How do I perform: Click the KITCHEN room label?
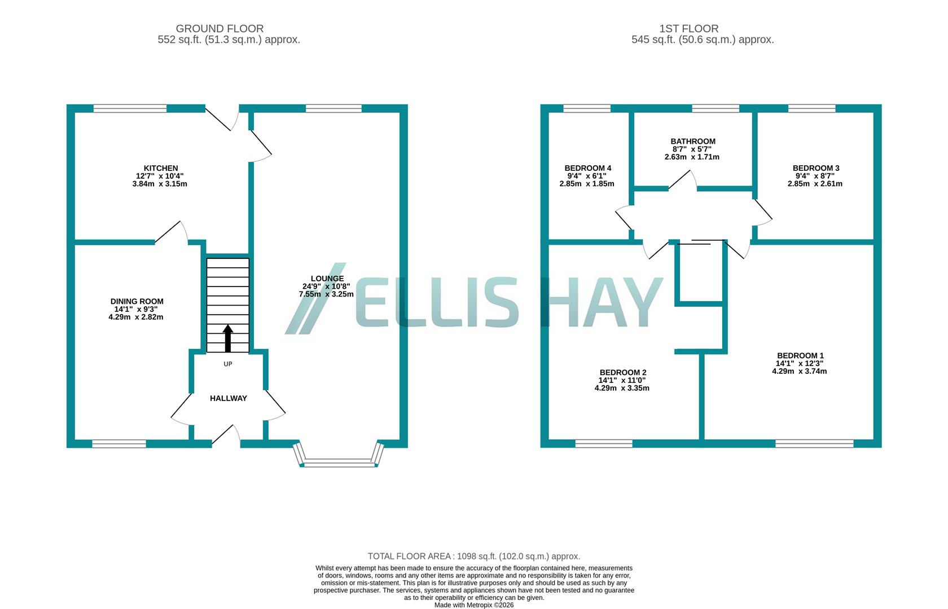click(x=161, y=168)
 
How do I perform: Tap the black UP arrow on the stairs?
click(x=228, y=338)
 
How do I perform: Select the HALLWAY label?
click(x=229, y=398)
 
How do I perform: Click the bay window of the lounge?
click(x=339, y=464)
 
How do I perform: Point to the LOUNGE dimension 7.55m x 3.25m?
click(x=326, y=294)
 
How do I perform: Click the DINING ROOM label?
click(x=137, y=302)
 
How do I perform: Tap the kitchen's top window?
click(x=130, y=108)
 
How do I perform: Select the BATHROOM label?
click(x=693, y=142)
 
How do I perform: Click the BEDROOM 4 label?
click(x=587, y=168)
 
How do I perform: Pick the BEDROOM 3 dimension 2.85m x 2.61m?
click(x=815, y=183)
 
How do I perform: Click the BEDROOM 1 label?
click(x=800, y=355)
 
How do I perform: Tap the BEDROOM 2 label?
click(x=622, y=372)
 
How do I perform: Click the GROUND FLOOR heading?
click(x=220, y=28)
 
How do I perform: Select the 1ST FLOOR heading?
click(x=688, y=28)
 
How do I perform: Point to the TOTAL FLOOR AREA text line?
click(x=473, y=556)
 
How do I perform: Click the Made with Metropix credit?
click(x=473, y=605)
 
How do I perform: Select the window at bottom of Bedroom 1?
click(x=814, y=444)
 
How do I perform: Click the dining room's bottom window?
click(x=119, y=444)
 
